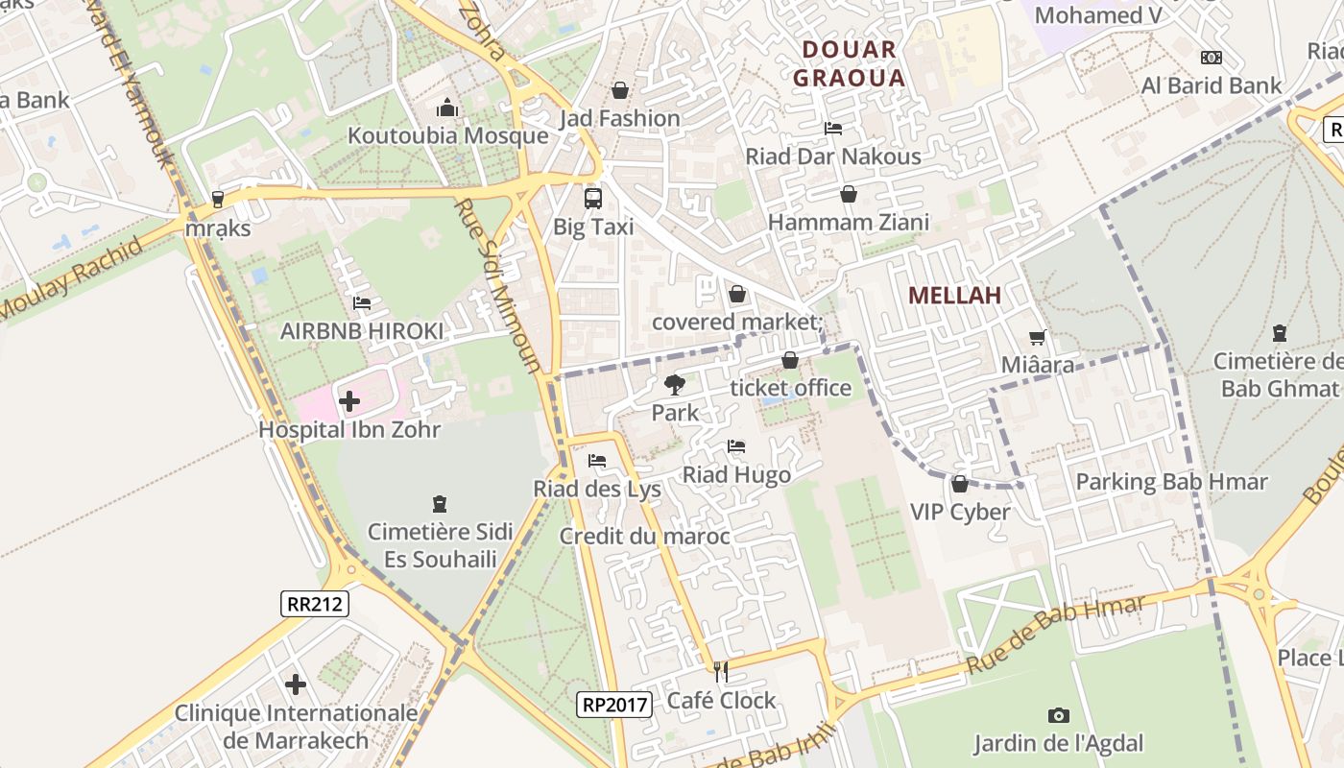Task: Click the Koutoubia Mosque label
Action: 447,135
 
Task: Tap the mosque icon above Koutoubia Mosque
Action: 447,108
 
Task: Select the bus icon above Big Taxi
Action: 593,199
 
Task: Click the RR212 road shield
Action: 315,604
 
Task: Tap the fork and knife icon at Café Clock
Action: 721,672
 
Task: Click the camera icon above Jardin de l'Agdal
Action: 1059,715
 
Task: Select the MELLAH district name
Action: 954,296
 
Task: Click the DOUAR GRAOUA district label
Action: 850,63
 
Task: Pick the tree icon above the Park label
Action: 675,385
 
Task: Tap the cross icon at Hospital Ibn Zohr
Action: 349,400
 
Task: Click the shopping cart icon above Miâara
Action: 1037,337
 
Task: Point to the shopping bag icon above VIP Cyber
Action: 960,484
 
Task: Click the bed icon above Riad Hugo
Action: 736,446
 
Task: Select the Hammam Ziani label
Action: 849,223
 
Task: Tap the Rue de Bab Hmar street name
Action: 1056,636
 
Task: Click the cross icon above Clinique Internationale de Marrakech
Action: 296,684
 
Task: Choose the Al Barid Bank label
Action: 1212,85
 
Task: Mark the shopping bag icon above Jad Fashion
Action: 620,90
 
